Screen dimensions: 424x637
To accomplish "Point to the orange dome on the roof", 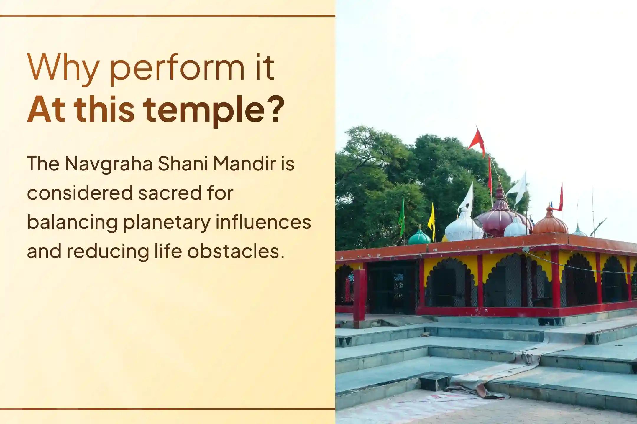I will [550, 222].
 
